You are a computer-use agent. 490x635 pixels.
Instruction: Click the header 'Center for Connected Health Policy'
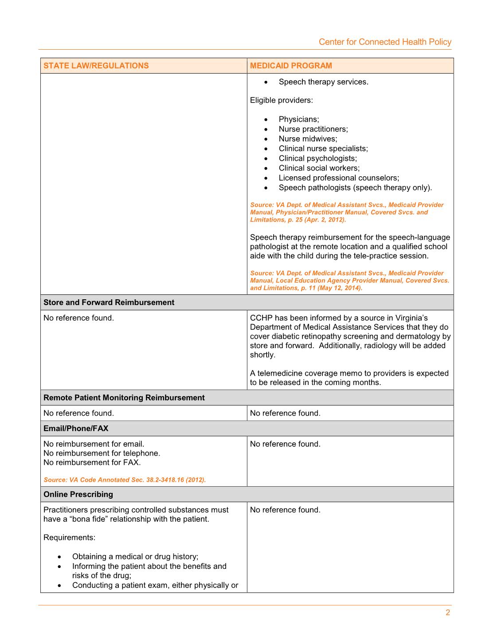tap(385, 42)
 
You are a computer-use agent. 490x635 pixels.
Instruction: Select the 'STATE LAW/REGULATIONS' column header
tap(96, 66)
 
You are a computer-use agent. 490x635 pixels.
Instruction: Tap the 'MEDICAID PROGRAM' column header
tap(291, 66)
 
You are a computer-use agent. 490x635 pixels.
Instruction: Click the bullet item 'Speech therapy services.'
tap(323, 82)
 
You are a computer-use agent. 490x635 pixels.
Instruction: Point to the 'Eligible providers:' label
tap(281, 100)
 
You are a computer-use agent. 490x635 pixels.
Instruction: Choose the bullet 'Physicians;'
tap(298, 119)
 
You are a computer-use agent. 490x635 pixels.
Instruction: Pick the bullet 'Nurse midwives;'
tap(308, 139)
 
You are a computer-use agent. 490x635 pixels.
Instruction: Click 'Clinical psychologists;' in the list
tap(318, 159)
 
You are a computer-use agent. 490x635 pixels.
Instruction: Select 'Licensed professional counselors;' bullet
tap(339, 178)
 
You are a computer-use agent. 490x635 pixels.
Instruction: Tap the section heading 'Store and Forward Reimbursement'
tap(109, 302)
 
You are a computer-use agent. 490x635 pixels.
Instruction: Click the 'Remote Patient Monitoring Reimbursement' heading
tap(124, 398)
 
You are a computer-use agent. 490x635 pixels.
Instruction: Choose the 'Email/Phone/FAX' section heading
tap(76, 429)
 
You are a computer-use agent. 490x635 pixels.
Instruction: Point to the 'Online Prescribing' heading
tap(78, 494)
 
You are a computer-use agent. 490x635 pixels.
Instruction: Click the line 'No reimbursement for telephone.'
tap(102, 453)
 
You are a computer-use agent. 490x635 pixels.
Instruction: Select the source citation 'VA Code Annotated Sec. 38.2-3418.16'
tap(125, 480)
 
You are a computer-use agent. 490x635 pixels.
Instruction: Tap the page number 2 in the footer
tap(448, 613)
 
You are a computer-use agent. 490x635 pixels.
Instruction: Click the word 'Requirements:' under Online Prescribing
tap(69, 538)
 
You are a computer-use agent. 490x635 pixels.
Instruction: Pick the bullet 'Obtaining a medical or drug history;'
tap(135, 557)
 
